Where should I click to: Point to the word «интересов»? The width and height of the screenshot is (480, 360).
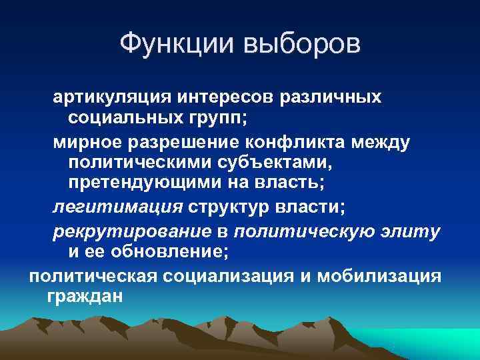(x=225, y=97)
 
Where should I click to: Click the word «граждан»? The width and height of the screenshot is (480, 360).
(x=85, y=295)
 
